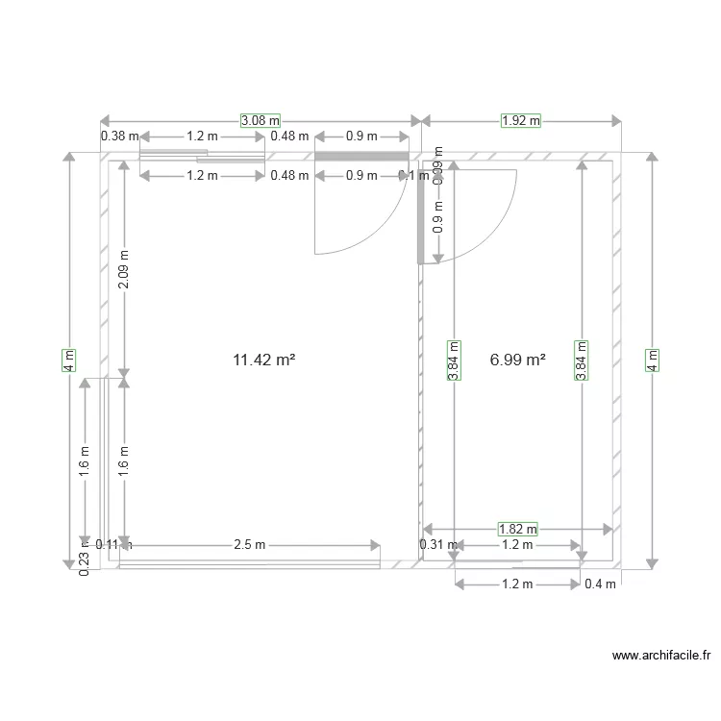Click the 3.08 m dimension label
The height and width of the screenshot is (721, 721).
[x=260, y=121]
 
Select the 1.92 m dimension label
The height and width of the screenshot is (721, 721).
[x=521, y=121]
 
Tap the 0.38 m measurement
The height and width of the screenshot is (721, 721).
[x=119, y=137]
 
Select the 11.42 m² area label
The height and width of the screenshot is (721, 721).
[x=263, y=360]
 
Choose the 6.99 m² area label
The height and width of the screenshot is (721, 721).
[x=517, y=360]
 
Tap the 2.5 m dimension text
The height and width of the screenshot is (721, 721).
[x=249, y=545]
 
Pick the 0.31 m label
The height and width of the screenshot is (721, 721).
[x=433, y=545]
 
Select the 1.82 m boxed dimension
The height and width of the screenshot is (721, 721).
[x=517, y=529]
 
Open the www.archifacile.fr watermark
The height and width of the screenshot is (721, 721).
[x=661, y=657]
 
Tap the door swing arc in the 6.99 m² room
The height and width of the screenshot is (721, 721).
[x=490, y=231]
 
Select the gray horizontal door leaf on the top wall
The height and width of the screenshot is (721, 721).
[x=363, y=156]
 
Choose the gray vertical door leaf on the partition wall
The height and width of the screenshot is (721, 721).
[x=420, y=221]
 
